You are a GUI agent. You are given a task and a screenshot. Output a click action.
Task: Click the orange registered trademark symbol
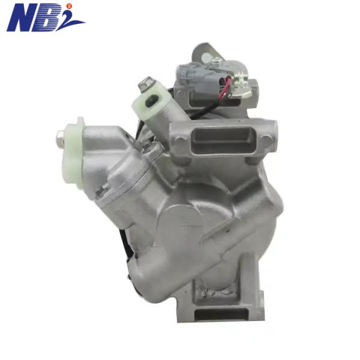(70, 6)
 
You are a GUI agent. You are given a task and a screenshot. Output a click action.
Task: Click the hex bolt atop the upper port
(146, 85)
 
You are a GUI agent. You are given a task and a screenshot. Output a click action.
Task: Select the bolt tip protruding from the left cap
(59, 140)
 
